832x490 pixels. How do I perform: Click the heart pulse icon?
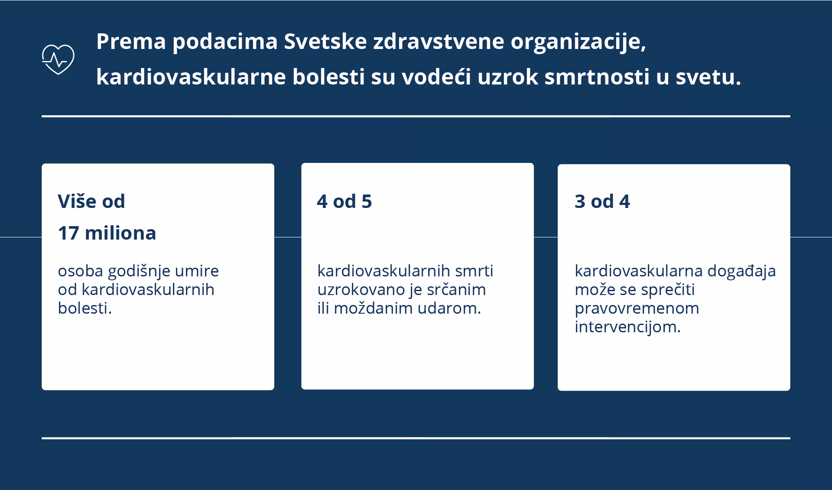[58, 59]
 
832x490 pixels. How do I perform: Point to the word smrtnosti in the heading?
[597, 77]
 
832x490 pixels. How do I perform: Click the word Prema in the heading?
[131, 42]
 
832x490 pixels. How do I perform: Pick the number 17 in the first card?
[68, 234]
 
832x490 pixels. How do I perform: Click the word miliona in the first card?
[120, 234]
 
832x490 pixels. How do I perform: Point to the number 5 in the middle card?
[367, 202]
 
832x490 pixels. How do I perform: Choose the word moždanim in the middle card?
[367, 308]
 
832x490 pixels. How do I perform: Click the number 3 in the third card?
[580, 202]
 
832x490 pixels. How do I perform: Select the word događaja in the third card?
[741, 272]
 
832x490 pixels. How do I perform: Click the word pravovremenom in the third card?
[637, 308]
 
